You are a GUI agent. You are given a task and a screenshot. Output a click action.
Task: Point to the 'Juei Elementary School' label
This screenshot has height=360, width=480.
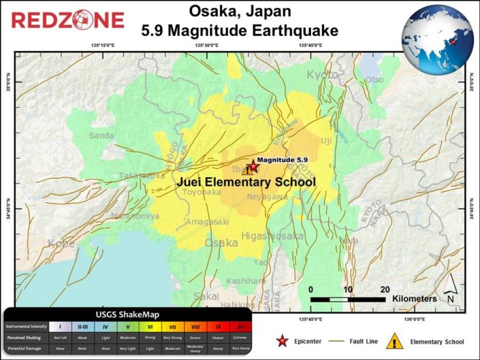[246, 182]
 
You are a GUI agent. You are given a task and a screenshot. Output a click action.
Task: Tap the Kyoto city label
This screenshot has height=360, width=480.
[322, 74]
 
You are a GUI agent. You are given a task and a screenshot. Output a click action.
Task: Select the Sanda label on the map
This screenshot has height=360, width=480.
[101, 135]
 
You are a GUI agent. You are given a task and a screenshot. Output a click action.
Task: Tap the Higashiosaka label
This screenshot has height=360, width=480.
[272, 236]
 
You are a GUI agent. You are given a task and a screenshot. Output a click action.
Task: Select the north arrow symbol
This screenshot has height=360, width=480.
[450, 297]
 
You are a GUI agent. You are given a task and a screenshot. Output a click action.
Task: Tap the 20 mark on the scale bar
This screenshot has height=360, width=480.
[385, 288]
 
